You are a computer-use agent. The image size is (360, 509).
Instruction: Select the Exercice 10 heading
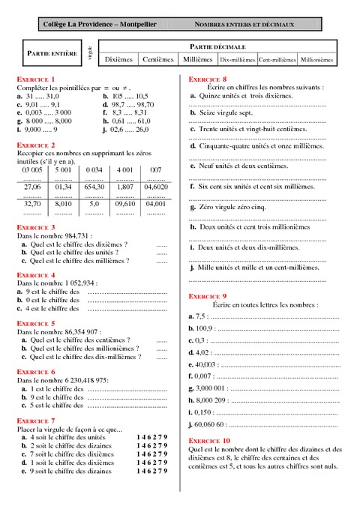tap(209, 440)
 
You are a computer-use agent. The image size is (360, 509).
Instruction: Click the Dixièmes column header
tap(120, 58)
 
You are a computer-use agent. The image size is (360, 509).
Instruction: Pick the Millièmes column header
tap(198, 58)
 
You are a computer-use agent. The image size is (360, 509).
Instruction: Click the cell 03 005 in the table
tap(32, 170)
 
